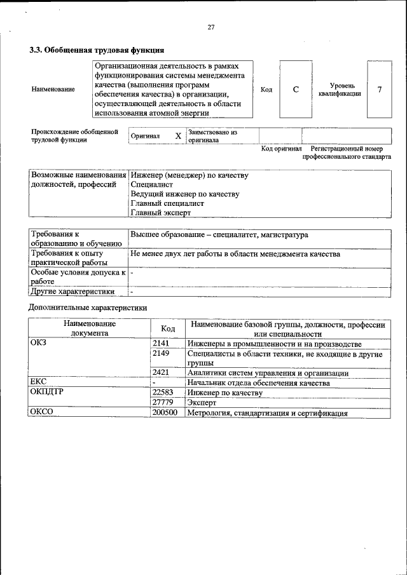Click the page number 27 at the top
click(211, 27)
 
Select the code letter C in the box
click(296, 90)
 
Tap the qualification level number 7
click(379, 90)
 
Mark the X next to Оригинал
click(178, 136)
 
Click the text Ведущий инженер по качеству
click(184, 194)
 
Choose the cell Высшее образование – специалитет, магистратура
click(219, 235)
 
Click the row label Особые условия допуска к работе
click(78, 276)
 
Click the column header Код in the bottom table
click(168, 328)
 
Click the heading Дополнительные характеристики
click(88, 307)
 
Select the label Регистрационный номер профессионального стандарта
click(346, 152)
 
